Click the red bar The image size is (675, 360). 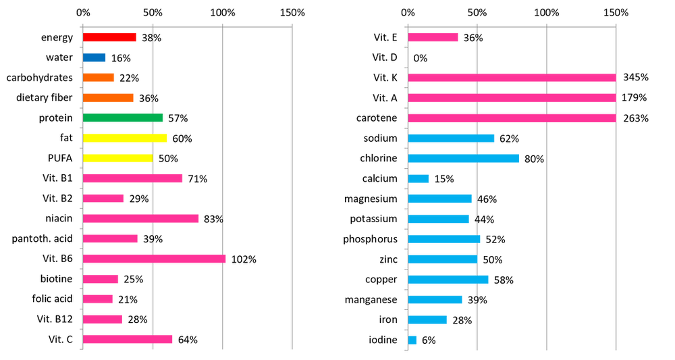pyautogui.click(x=111, y=38)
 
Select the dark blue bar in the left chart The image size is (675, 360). pyautogui.click(x=95, y=58)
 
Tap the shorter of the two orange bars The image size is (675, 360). pyautogui.click(x=100, y=78)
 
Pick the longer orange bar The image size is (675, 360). pyautogui.click(x=109, y=97)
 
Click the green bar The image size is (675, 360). pyautogui.click(x=124, y=118)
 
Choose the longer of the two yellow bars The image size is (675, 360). pyautogui.click(x=126, y=138)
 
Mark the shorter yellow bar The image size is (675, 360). pyautogui.click(x=118, y=158)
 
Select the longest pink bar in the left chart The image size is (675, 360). pyautogui.click(x=155, y=259)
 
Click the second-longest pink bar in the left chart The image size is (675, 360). pyautogui.click(x=142, y=219)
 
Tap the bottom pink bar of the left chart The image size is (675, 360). pyautogui.click(x=128, y=339)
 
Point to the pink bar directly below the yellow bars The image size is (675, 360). pyautogui.click(x=134, y=178)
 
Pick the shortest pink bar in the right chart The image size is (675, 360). pyautogui.click(x=434, y=38)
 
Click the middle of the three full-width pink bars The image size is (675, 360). pyautogui.click(x=513, y=97)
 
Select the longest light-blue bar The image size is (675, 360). pyautogui.click(x=464, y=158)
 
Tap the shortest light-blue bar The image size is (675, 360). pyautogui.click(x=413, y=340)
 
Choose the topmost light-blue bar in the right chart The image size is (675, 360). pyautogui.click(x=452, y=138)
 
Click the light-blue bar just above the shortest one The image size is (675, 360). pyautogui.click(x=428, y=319)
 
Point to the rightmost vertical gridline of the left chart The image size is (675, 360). pyautogui.click(x=292, y=189)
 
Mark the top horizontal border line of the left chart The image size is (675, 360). pyautogui.click(x=186, y=26)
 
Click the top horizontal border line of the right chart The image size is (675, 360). pyautogui.click(x=511, y=26)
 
